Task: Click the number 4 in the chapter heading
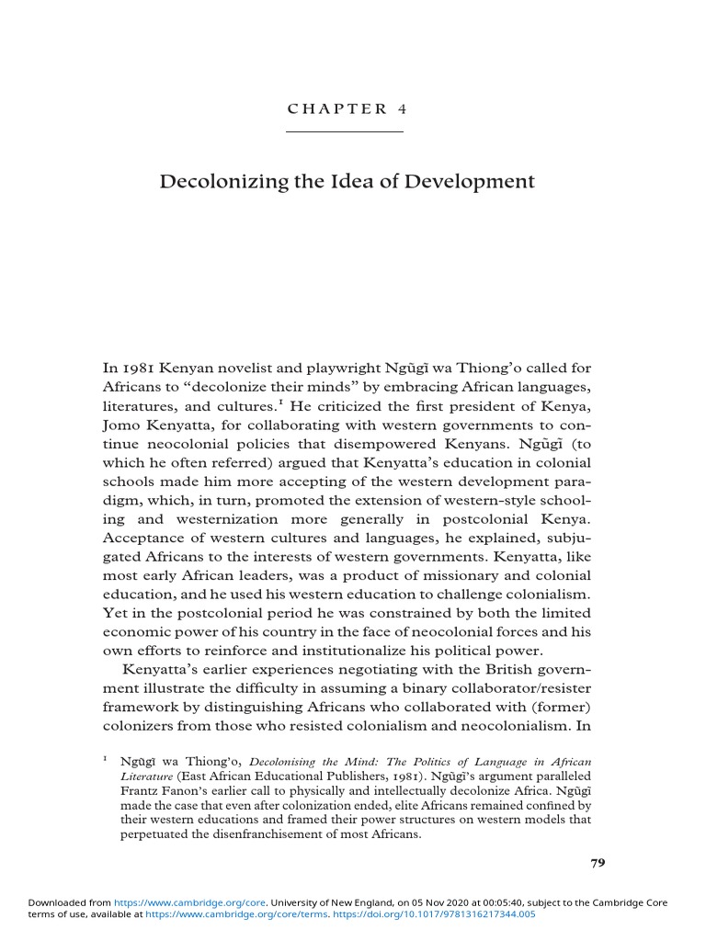pyautogui.click(x=402, y=108)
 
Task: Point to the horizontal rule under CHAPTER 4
pyautogui.click(x=345, y=132)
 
